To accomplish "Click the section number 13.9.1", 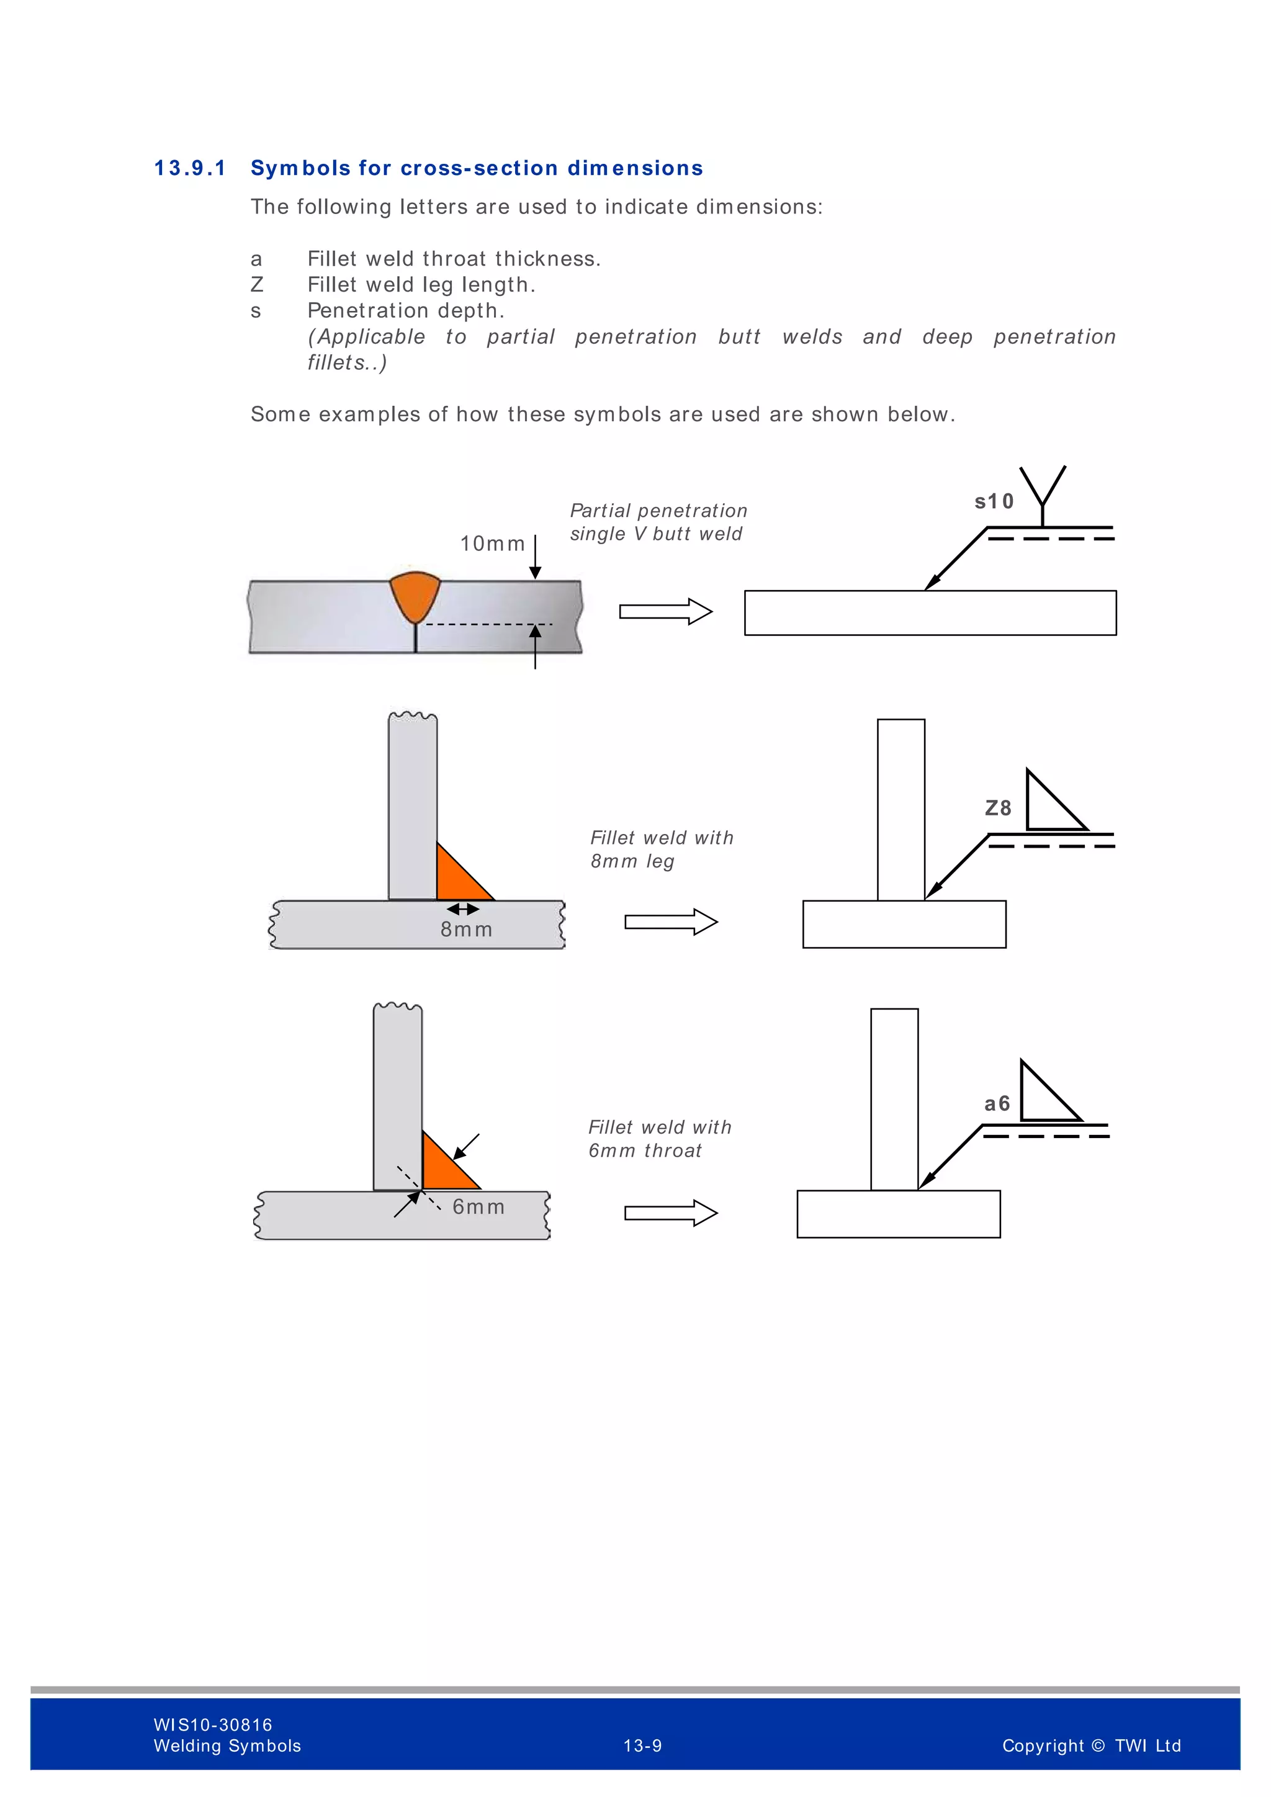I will pyautogui.click(x=189, y=168).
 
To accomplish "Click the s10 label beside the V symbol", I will pyautogui.click(x=994, y=502).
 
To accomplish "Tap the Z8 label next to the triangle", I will pyautogui.click(x=998, y=809).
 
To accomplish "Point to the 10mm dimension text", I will pyautogui.click(x=492, y=544).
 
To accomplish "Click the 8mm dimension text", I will pyautogui.click(x=467, y=930).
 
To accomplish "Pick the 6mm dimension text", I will pyautogui.click(x=479, y=1207).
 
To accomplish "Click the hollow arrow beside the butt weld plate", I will pyautogui.click(x=665, y=611).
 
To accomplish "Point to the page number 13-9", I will pyautogui.click(x=642, y=1746).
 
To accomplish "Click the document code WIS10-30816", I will pyautogui.click(x=213, y=1725).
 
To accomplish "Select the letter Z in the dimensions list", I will pyautogui.click(x=257, y=285).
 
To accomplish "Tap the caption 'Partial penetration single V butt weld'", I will pyautogui.click(x=657, y=522).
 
